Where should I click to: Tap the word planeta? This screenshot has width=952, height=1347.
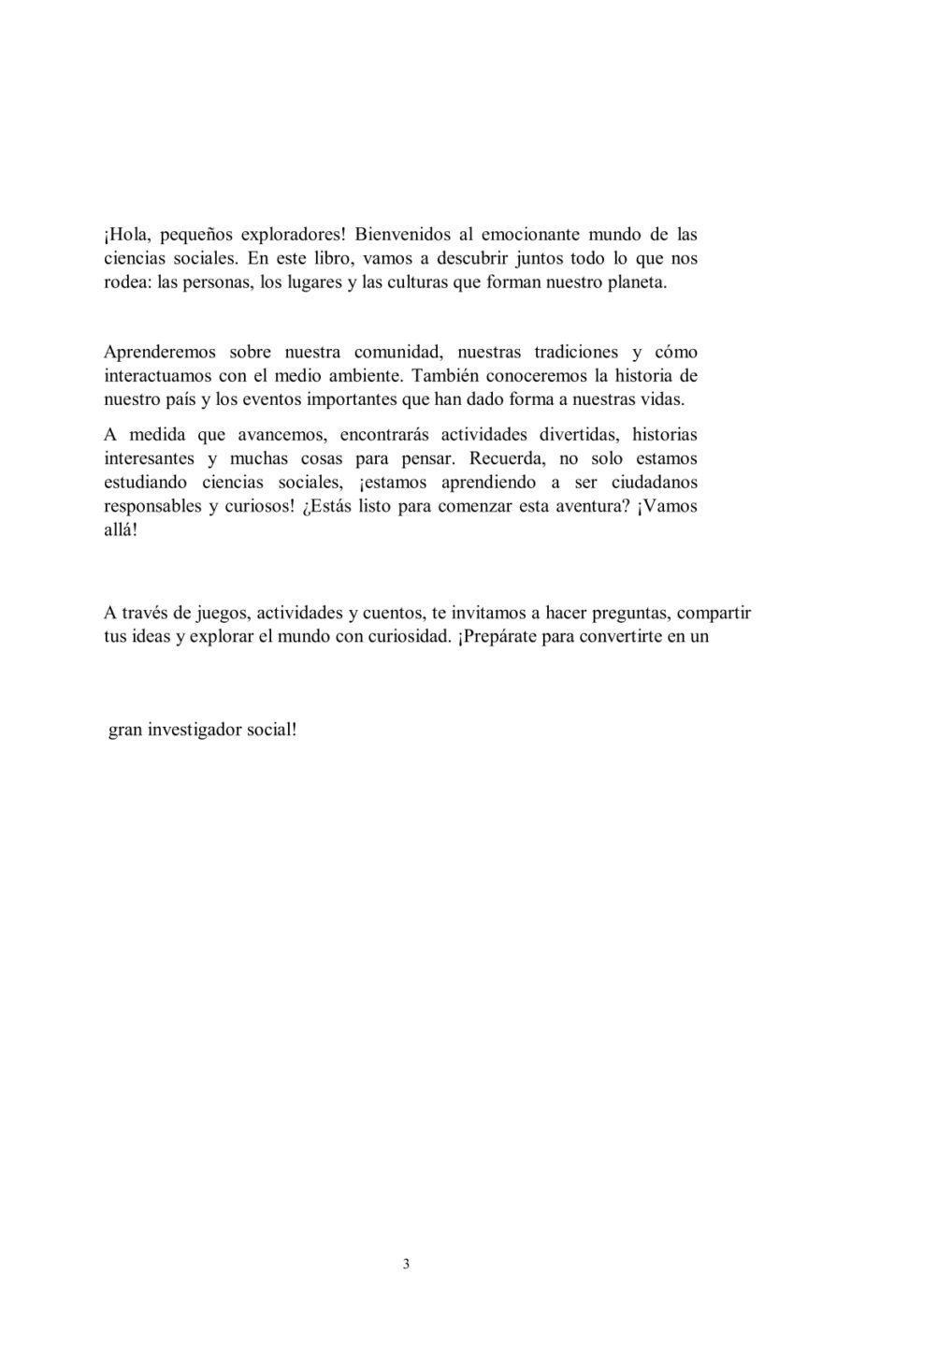click(637, 282)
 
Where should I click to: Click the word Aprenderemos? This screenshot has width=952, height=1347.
click(160, 352)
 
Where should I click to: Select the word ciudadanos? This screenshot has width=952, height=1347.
click(655, 484)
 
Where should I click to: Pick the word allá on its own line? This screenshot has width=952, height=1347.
click(120, 531)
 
